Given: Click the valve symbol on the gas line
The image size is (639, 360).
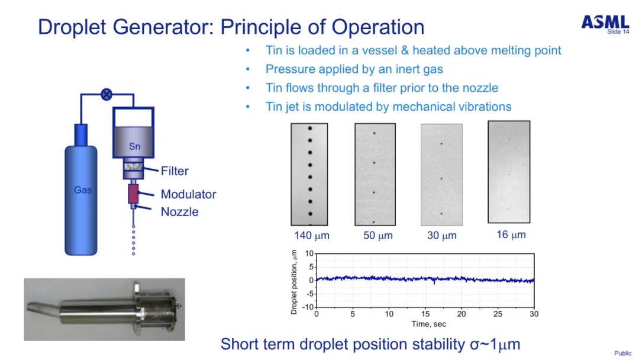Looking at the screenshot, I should point(106,94).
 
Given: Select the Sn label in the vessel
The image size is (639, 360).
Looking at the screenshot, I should point(134,146).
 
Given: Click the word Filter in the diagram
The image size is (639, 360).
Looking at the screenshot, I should point(175,171).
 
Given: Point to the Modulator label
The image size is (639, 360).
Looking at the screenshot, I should point(188,194).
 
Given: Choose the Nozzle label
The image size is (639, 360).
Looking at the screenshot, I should point(179,211).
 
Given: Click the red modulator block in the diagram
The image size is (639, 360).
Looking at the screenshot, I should point(133,193).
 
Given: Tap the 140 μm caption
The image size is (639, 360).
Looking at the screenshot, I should point(311,236).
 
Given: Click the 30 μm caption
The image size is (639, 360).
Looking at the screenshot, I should point(441,236).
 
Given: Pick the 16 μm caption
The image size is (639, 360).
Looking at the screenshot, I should point(511,234).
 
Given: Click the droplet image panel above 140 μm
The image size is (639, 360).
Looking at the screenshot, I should point(310,174).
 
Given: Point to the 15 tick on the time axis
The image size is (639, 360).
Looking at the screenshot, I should point(425,313).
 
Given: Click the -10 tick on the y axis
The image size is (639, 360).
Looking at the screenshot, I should point(308,307).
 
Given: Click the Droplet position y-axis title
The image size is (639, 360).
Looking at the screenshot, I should point(294,281).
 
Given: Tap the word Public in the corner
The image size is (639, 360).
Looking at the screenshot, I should point(622,353).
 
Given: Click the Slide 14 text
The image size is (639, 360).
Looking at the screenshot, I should point(618,31).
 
